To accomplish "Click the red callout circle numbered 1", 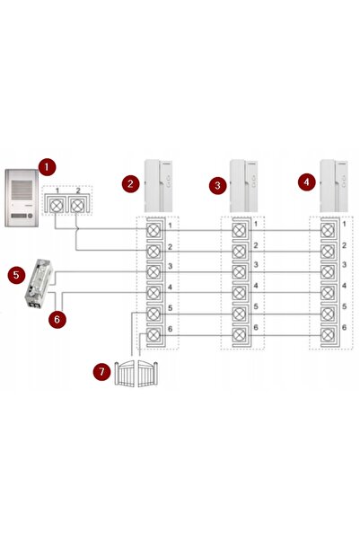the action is tap(47, 167).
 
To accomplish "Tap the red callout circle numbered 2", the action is tap(130, 183).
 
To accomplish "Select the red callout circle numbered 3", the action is tap(218, 185).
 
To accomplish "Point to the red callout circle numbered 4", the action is tap(307, 181).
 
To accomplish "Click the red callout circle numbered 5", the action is tap(16, 275).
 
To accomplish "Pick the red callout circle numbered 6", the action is tap(57, 319).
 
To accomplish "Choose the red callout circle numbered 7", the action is tap(101, 372).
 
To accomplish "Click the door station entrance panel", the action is tap(22, 198).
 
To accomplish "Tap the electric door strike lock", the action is tap(39, 283).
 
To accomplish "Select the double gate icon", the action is tap(136, 373).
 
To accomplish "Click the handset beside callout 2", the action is tap(158, 186).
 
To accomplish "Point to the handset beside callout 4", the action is tap(334, 186).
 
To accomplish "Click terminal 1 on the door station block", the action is tap(56, 206).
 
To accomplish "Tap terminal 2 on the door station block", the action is tap(76, 206).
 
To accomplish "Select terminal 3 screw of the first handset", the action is tap(154, 272).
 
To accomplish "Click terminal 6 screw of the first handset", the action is tap(154, 334).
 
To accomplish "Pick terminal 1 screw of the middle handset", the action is tap(239, 230).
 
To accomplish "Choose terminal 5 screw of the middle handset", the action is tap(239, 314).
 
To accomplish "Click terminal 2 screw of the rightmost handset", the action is tap(328, 252).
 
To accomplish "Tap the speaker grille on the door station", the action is tap(22, 191).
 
